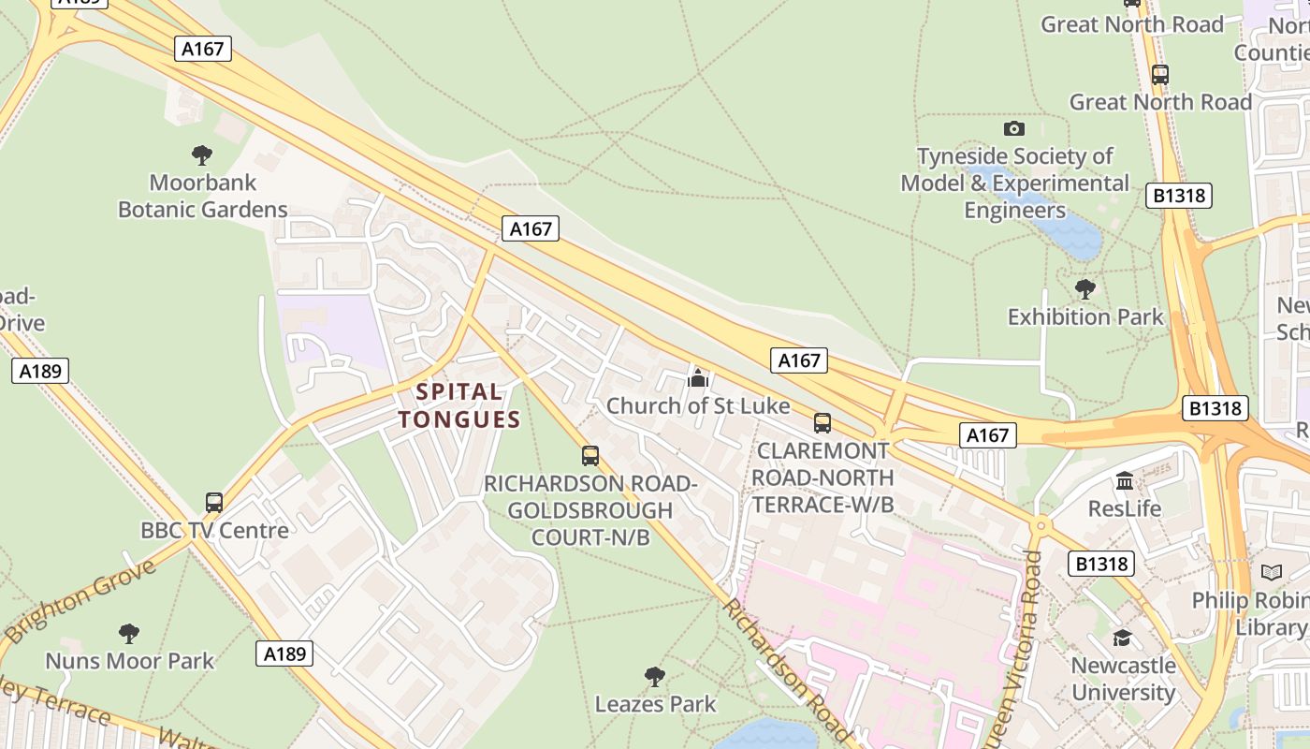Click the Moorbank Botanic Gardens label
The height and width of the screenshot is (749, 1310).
[202, 195]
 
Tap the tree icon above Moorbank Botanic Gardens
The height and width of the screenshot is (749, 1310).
[201, 154]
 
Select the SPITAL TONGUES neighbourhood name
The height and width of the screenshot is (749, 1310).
[458, 405]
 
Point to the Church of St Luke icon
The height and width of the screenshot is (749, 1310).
[697, 377]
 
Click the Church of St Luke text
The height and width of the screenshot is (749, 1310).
[698, 406]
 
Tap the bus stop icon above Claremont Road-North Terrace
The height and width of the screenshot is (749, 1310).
[822, 422]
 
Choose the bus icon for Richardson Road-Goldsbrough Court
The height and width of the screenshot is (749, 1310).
[589, 455]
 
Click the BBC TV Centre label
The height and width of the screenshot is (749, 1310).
[214, 531]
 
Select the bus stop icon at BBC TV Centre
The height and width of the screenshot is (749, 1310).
[213, 502]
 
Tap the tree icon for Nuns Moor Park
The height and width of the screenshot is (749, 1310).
[129, 634]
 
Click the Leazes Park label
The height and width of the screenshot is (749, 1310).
[655, 704]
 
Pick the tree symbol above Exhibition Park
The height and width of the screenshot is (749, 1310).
[1084, 288]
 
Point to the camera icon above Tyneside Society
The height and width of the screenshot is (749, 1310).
[1013, 128]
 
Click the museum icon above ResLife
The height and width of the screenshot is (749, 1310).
[1124, 480]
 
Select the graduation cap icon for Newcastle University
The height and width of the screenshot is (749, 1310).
[1122, 638]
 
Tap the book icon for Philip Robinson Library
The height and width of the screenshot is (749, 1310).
[1271, 572]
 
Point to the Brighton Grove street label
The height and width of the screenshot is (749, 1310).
[80, 602]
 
